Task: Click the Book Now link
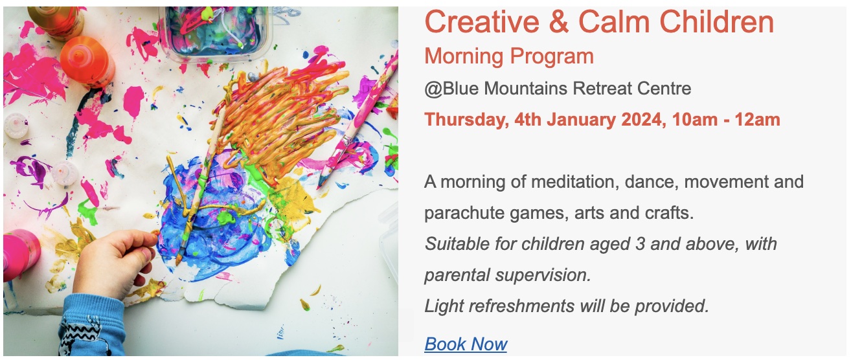466,344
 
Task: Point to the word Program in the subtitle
552,57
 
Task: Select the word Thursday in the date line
467,120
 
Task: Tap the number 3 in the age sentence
640,244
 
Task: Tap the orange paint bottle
87,60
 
